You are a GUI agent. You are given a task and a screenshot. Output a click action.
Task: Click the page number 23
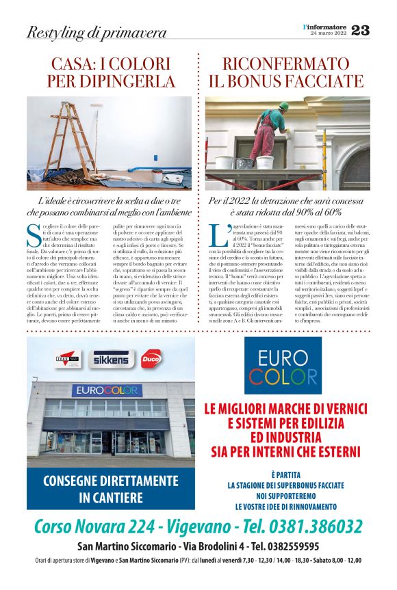click(360, 31)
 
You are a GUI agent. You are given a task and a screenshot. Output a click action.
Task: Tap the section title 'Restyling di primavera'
click(97, 32)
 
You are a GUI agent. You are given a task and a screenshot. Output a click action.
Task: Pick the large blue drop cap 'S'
click(34, 234)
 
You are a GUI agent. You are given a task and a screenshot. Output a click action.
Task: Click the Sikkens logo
click(110, 359)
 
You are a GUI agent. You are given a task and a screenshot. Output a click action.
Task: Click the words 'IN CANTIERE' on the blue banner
click(111, 498)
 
